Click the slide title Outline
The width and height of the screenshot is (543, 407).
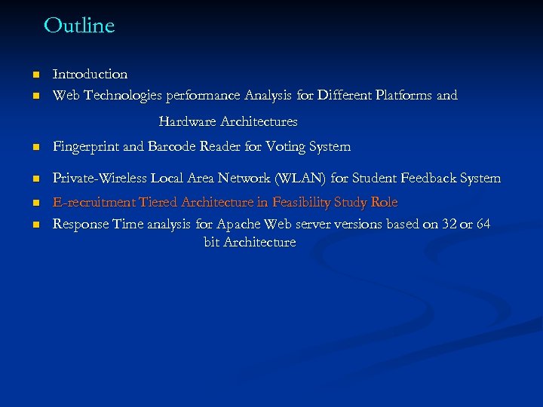tap(79, 26)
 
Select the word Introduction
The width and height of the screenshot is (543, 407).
tap(90, 74)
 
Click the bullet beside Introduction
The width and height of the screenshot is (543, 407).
tap(35, 75)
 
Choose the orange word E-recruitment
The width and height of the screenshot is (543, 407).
tap(92, 203)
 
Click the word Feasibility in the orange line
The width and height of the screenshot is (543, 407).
tap(301, 203)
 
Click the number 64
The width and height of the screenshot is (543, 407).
tap(483, 224)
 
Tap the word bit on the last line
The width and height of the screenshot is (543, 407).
tap(212, 243)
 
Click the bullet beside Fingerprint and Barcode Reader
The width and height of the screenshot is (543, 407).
tap(35, 147)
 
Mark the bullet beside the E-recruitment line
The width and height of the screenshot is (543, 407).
tap(35, 203)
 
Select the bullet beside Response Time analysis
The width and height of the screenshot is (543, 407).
tap(35, 225)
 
